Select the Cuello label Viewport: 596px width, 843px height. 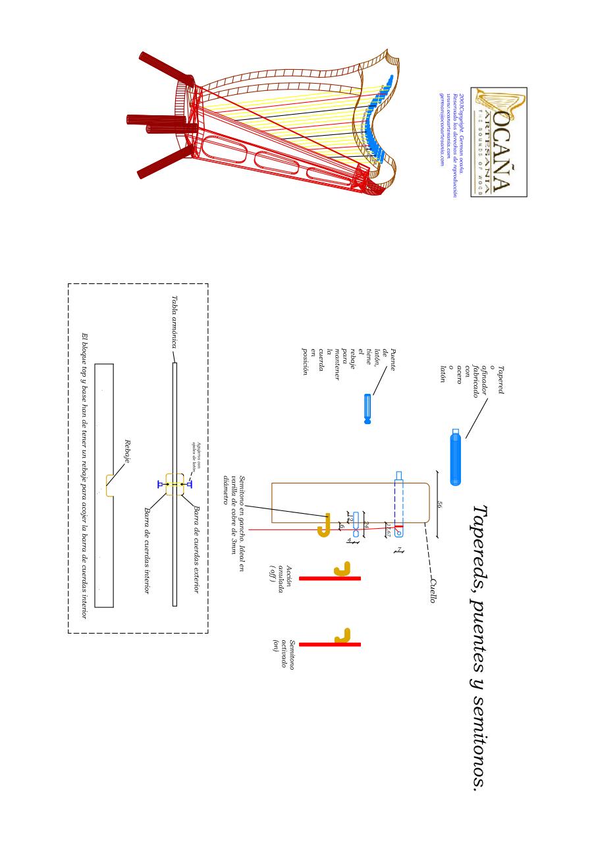pyautogui.click(x=433, y=589)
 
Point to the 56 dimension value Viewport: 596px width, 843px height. pyautogui.click(x=441, y=504)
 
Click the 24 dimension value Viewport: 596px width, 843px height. pyautogui.click(x=367, y=524)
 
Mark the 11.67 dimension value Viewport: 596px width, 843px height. pyautogui.click(x=389, y=530)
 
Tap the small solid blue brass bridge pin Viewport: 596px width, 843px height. pyautogui.click(x=367, y=408)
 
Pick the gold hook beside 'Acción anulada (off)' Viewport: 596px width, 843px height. pyautogui.click(x=342, y=568)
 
